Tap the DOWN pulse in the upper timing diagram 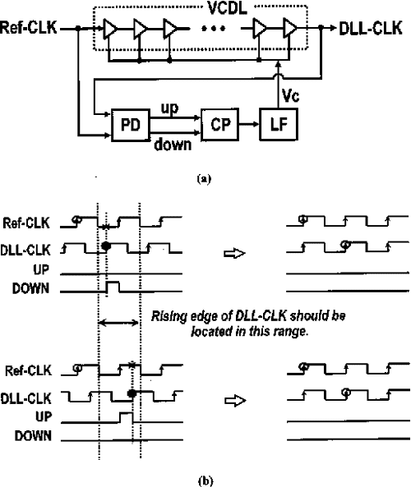113,287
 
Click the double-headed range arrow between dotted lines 119,324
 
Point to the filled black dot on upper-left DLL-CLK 106,246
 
